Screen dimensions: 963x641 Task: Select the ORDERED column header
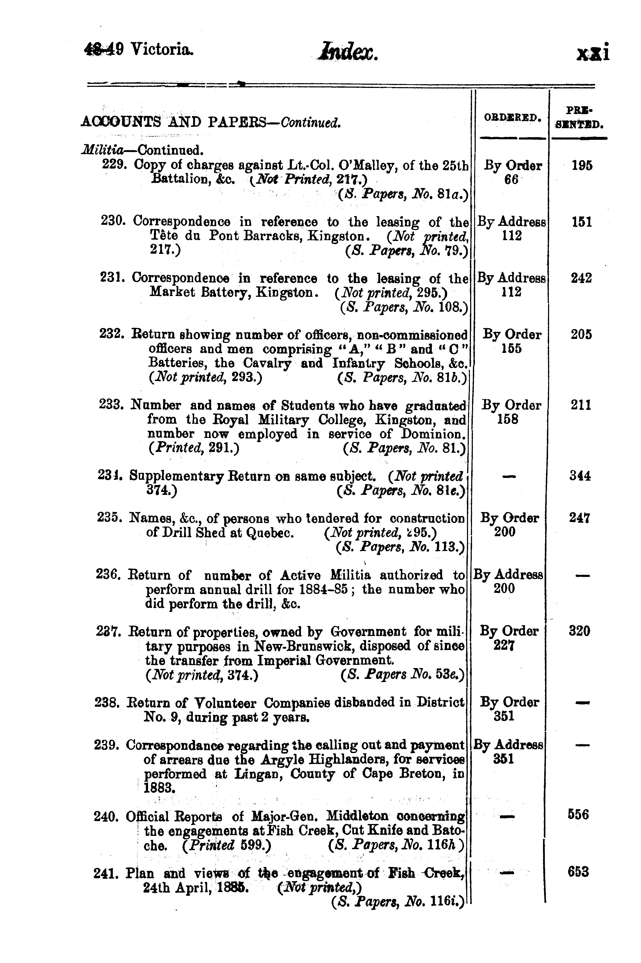click(x=513, y=118)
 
